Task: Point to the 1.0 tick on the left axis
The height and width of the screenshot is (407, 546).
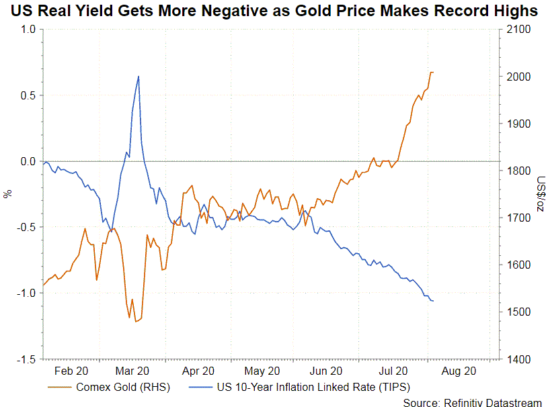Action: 28,30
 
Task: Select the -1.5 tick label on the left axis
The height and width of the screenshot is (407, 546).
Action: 26,359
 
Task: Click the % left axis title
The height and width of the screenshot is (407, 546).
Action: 7,194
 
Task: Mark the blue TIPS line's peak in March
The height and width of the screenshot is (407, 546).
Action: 138,77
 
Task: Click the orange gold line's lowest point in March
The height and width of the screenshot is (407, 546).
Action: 136,322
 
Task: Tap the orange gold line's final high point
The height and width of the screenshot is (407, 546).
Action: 432,72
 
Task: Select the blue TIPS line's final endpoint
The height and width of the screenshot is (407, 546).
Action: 433,301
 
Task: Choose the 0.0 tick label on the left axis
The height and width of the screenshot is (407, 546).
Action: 28,161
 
